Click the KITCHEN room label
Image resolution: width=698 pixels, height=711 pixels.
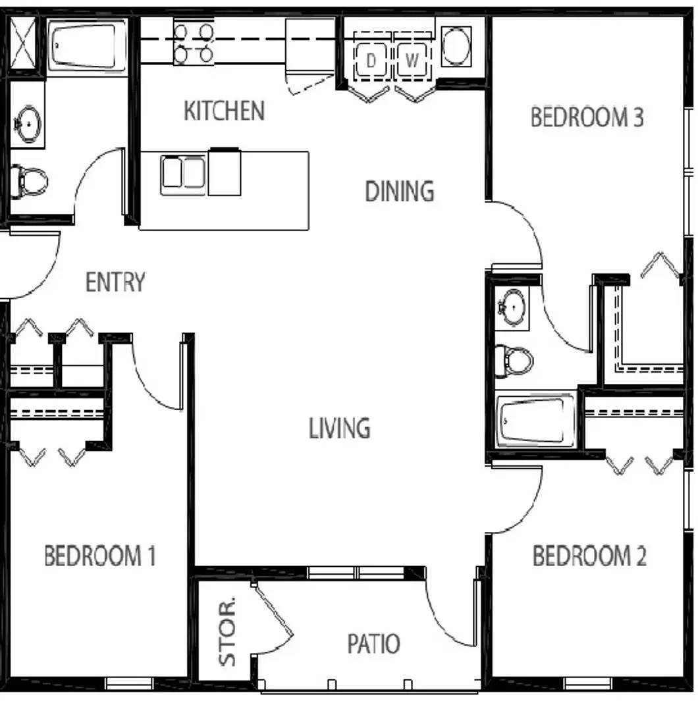point(224,111)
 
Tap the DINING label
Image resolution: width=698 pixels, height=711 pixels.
point(400,191)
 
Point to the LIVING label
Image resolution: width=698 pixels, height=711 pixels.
point(339,429)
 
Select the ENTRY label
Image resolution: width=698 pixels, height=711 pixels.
point(116,282)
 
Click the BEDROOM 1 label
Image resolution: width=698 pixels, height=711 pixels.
point(100,556)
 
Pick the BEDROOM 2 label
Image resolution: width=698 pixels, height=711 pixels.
point(589,556)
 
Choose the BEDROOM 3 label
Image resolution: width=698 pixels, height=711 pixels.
point(587,117)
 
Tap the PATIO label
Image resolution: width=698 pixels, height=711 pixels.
point(374,643)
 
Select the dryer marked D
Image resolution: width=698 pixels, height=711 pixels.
point(371,60)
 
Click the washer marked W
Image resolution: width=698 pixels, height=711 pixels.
point(412,60)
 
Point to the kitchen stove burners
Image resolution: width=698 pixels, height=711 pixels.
point(194,43)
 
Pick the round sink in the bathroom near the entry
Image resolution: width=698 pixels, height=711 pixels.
point(28,124)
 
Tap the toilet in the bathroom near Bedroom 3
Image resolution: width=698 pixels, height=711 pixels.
point(514,361)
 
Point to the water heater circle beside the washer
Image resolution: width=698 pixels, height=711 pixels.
point(456,45)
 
